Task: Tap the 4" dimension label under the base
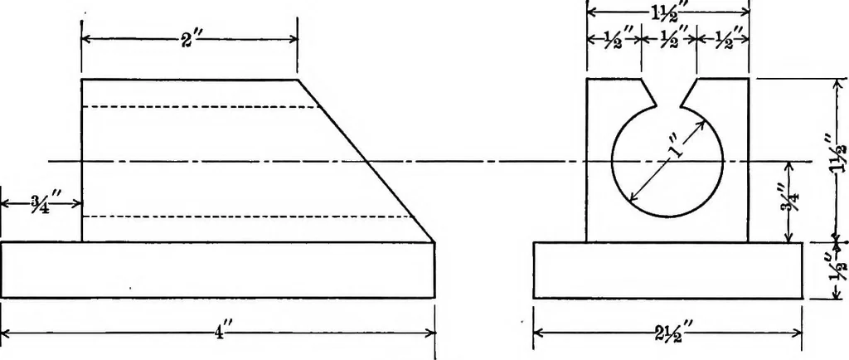pos(220,333)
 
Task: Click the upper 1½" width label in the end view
pos(669,10)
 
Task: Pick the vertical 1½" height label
pos(838,158)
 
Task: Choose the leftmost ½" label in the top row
pos(615,40)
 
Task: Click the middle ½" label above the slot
pos(669,40)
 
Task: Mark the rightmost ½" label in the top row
pos(724,40)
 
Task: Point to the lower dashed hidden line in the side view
pos(248,216)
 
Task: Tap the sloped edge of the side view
pos(366,161)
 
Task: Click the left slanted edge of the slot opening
pos(650,92)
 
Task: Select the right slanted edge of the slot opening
pos(689,92)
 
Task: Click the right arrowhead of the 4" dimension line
pos(430,333)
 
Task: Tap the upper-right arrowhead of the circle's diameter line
pos(701,125)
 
